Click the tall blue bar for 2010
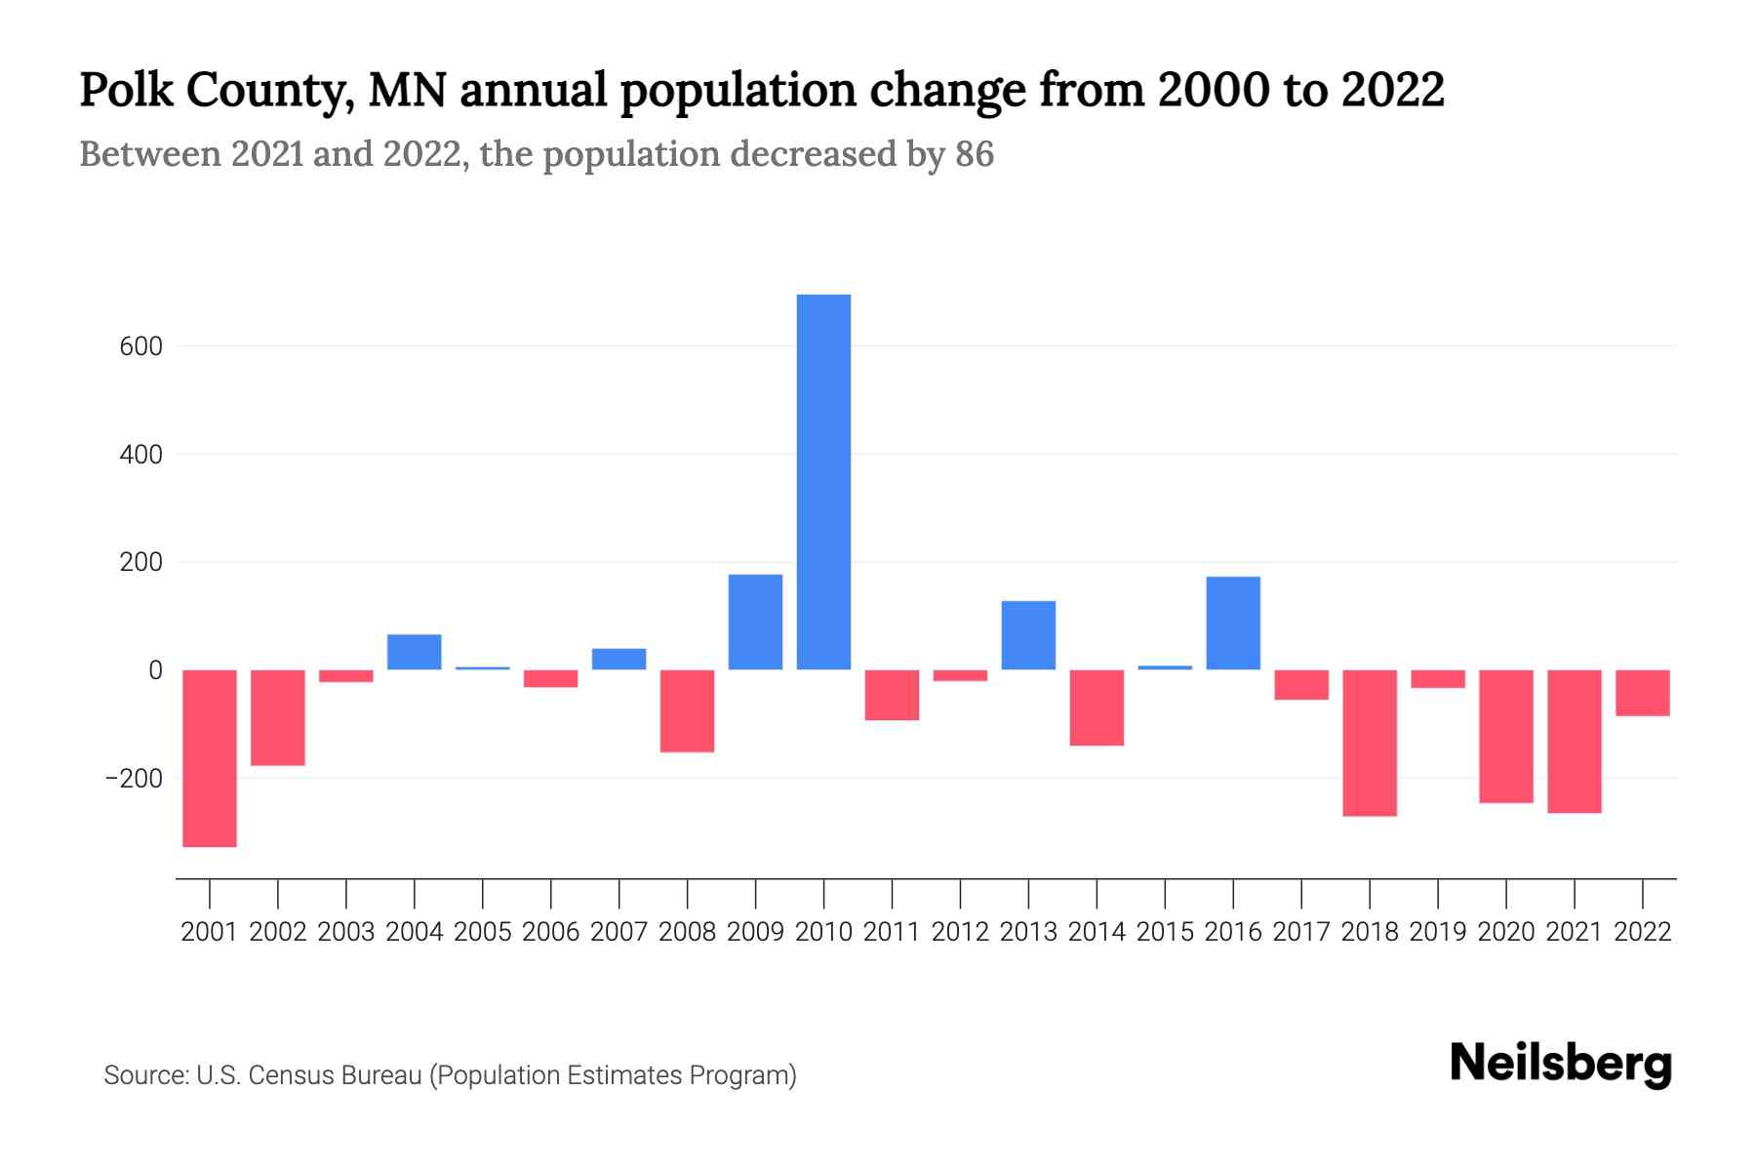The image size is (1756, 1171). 823,482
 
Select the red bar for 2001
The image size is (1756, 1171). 210,758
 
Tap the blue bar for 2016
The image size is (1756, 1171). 1233,624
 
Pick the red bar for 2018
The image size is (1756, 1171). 1370,743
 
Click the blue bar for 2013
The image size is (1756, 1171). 1028,635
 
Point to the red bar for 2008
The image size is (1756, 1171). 688,710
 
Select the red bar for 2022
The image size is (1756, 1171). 1643,693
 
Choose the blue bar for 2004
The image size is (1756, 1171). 415,652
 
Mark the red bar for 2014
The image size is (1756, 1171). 1097,707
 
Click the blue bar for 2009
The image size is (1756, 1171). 755,622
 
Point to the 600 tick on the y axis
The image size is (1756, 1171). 142,346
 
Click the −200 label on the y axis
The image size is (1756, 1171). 135,779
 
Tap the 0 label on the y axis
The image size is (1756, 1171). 155,670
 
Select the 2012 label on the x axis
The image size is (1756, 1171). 960,932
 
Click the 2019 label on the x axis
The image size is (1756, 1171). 1438,932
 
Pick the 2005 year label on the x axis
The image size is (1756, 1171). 483,932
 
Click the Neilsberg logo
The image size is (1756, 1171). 1561,1064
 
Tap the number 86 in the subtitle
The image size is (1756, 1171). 975,154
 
